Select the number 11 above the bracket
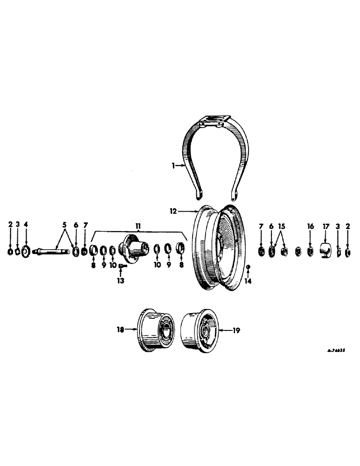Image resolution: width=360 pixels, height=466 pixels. click(138, 226)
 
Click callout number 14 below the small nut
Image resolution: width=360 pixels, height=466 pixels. click(248, 281)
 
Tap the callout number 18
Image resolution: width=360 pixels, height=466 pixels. click(120, 329)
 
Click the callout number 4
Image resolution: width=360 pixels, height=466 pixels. click(26, 225)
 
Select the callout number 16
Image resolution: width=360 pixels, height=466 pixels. click(310, 226)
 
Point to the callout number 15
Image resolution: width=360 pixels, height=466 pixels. click(281, 226)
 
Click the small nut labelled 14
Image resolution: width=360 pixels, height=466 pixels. click(248, 267)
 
